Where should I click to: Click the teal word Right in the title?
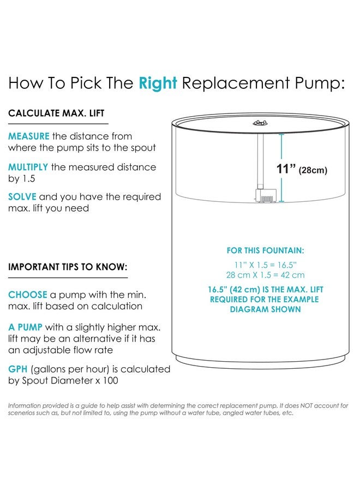point(158,83)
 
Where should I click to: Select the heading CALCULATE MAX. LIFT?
point(56,113)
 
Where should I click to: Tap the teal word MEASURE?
point(29,136)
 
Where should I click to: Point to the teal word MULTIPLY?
point(28,167)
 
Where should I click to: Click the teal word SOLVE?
point(22,196)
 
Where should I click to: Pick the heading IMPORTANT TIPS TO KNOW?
point(68,267)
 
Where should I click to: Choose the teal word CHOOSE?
point(28,295)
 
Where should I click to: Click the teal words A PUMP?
point(25,327)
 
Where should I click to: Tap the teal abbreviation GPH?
point(18,369)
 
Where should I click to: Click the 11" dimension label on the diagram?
point(286,169)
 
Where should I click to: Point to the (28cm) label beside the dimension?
point(313,170)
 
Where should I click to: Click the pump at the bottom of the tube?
point(266,196)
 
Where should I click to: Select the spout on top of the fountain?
point(260,123)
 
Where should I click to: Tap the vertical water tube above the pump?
point(260,161)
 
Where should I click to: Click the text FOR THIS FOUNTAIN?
point(266,250)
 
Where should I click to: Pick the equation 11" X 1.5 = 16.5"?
point(266,265)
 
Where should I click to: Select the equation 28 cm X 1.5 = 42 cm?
point(266,275)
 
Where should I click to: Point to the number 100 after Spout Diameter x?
point(110,380)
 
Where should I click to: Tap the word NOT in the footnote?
point(307,405)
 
